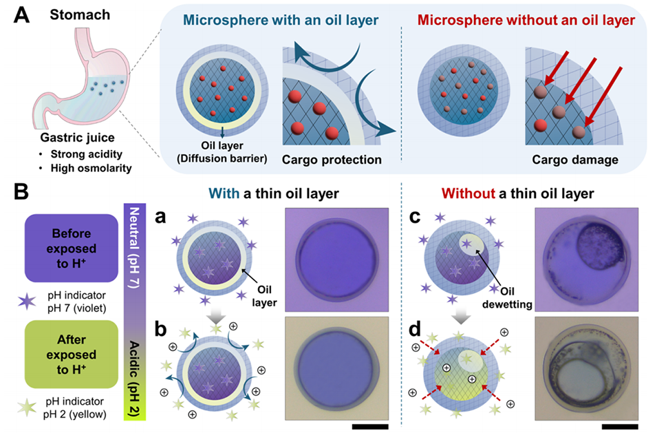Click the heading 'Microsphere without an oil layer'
point(530,20)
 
